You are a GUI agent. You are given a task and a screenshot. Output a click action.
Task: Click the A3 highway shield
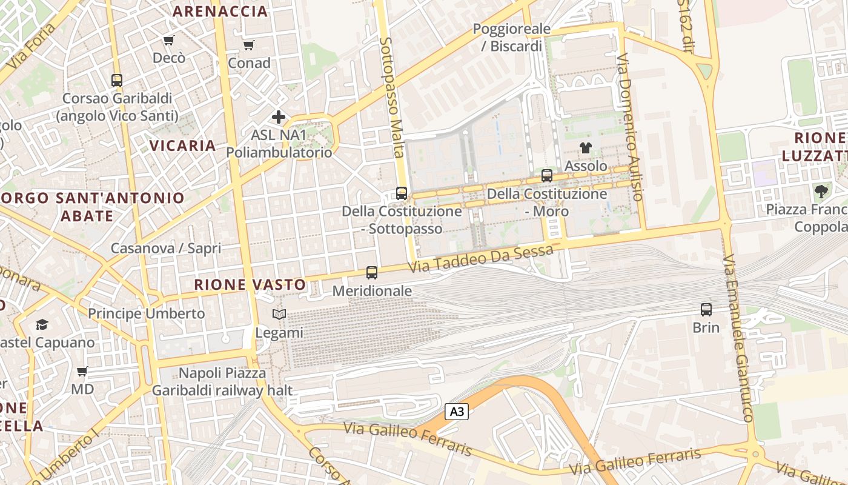coord(457,412)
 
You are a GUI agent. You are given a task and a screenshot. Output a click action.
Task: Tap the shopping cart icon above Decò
coord(169,41)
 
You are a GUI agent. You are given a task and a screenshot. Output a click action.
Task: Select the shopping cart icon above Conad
coord(249,45)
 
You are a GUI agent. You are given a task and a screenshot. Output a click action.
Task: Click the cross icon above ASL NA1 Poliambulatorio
coord(279,117)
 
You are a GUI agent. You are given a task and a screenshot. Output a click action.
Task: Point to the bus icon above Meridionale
coord(372,273)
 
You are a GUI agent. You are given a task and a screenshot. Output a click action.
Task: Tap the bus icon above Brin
coord(706,310)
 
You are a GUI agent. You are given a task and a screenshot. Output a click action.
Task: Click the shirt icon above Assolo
coord(586,147)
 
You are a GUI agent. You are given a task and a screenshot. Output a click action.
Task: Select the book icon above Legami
coord(279,315)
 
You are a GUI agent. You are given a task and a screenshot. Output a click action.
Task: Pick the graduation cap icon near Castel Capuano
coord(42,325)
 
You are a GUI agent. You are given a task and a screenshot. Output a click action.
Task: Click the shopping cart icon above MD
coord(82,371)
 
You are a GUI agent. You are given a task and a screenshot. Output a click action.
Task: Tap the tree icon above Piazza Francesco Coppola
coord(821,192)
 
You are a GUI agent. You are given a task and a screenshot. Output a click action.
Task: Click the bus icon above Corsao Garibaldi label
coord(117,80)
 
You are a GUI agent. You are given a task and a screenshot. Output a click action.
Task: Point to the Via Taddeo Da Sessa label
coord(480,259)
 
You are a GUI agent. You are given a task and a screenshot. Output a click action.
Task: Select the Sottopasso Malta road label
coord(392,97)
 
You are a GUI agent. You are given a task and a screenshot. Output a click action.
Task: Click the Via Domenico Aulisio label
coord(629,127)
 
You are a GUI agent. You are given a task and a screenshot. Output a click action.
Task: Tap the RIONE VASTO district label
coord(250,284)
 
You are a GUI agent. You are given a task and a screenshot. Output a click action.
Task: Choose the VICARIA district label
coord(182,145)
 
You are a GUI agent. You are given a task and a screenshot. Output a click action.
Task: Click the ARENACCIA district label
coord(220,11)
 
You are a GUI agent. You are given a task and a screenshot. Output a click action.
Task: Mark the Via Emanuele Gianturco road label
coord(737,338)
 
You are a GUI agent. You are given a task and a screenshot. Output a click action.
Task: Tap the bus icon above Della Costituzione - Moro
coord(547,176)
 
